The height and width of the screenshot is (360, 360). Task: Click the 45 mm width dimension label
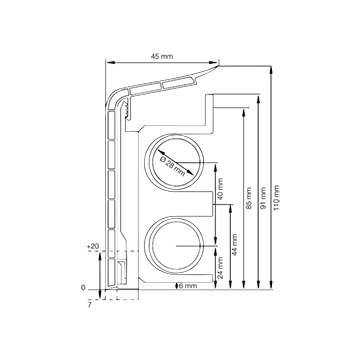162,56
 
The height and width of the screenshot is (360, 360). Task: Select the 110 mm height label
277,197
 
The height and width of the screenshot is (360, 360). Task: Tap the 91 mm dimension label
264,198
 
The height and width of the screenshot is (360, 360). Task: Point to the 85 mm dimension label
249,198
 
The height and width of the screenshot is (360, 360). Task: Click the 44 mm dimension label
235,244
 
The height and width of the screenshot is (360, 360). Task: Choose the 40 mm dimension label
220,189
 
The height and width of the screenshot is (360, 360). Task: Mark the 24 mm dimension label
220,267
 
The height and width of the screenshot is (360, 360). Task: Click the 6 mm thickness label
187,286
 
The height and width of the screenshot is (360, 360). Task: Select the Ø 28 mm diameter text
173,167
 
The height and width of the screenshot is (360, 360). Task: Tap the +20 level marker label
93,246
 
